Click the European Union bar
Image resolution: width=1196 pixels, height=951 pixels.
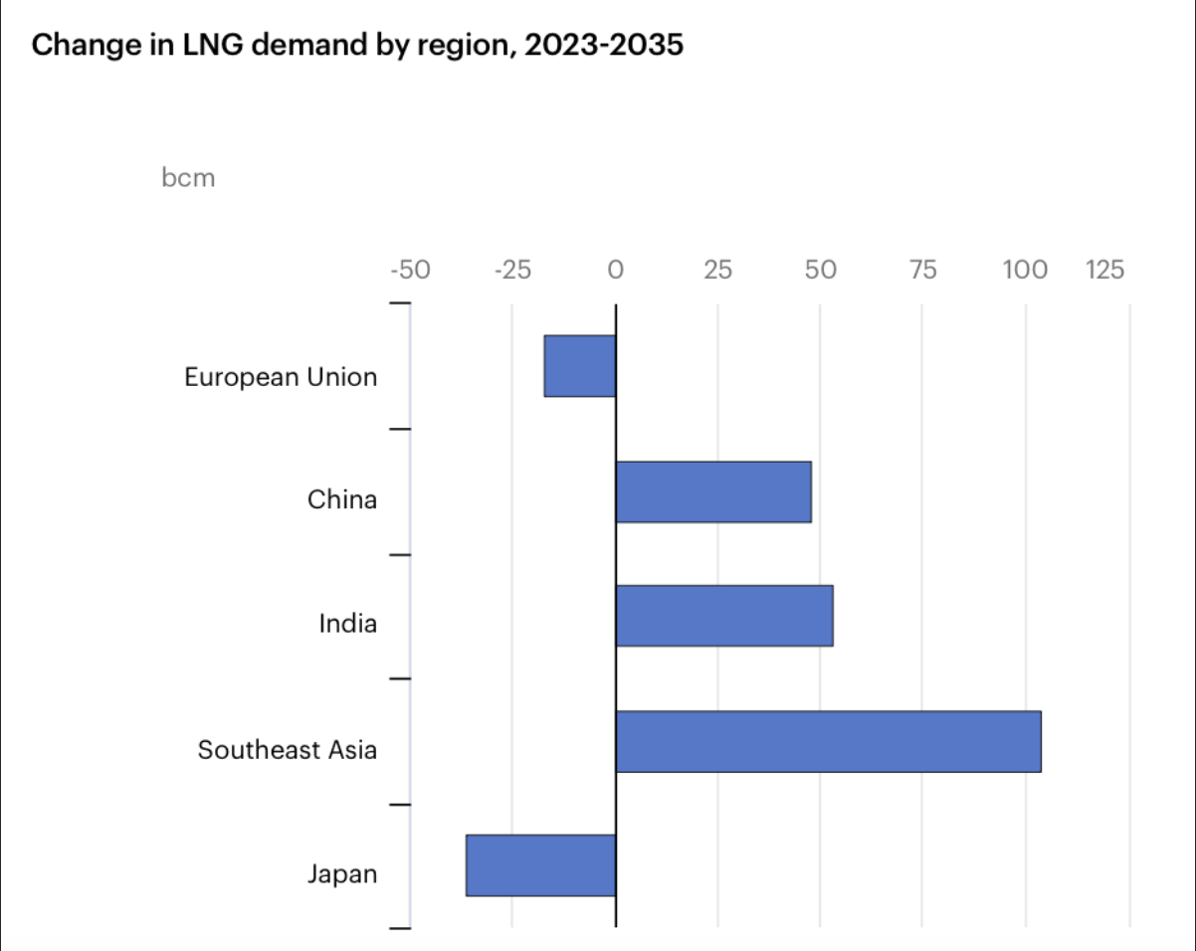[x=580, y=366]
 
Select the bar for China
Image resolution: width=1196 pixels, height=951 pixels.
[x=713, y=491]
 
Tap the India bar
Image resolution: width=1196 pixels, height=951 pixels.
[x=724, y=617]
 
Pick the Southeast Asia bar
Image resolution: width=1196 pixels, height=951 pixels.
[x=828, y=742]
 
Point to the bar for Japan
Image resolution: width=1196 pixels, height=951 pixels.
[x=541, y=865]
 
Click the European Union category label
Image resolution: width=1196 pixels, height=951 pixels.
[x=281, y=378]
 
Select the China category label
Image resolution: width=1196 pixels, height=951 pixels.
[x=342, y=499]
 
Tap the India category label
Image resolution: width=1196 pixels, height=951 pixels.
[x=348, y=625]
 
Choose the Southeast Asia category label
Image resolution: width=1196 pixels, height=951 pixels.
[x=288, y=750]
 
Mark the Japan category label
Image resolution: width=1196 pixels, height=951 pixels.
[x=342, y=875]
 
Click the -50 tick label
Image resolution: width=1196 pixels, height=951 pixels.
[x=410, y=270]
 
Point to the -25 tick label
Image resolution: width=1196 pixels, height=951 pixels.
[x=512, y=270]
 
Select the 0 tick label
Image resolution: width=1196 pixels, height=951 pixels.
[x=615, y=270]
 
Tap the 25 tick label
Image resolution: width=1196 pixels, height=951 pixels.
[x=717, y=270]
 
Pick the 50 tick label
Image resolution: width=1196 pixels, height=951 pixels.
[x=820, y=270]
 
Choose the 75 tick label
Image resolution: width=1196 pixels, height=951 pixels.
[x=923, y=270]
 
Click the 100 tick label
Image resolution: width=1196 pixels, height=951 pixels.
[x=1025, y=270]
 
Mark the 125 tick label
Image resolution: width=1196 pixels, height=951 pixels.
[x=1104, y=270]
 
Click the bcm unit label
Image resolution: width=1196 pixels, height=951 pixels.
[x=188, y=179]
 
